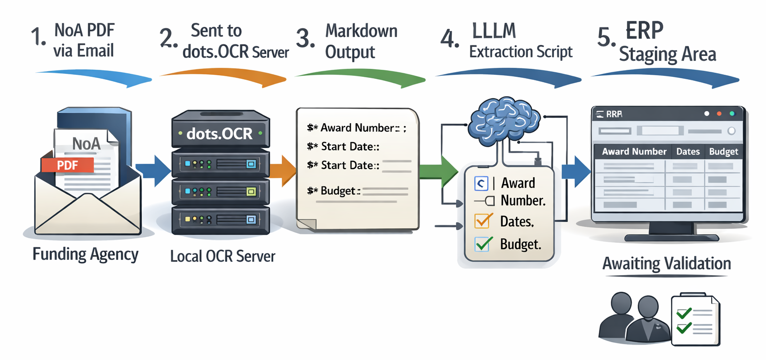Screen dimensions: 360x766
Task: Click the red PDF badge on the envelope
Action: click(68, 165)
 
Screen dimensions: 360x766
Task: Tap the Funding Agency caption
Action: click(85, 254)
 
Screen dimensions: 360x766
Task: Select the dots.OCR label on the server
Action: click(220, 134)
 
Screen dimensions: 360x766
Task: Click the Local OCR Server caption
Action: click(222, 257)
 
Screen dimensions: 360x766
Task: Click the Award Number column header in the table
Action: click(634, 152)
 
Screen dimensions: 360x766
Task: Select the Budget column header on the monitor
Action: click(723, 152)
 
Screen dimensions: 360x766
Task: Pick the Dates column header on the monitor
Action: click(688, 152)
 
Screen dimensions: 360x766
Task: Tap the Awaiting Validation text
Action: click(666, 263)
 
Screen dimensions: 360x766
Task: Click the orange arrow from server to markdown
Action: click(284, 166)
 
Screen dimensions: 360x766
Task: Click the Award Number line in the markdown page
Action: click(357, 128)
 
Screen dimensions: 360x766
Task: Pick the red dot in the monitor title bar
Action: click(720, 114)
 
